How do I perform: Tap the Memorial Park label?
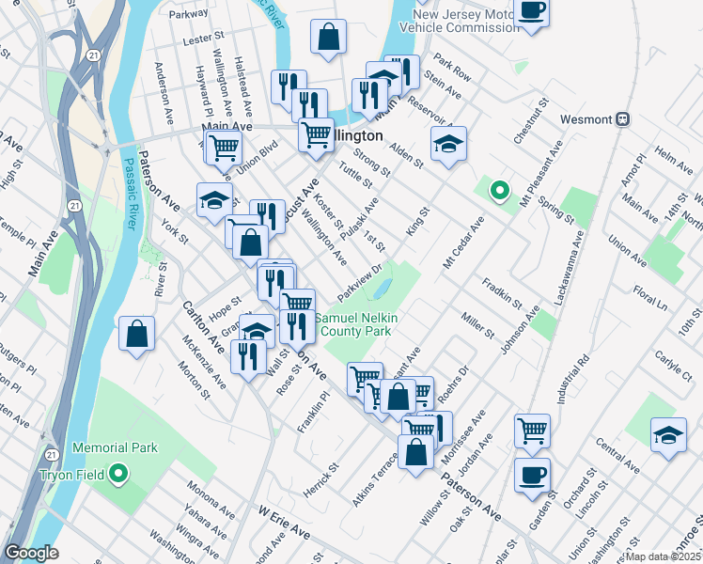pos(114,448)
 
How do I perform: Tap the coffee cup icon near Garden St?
pos(532,476)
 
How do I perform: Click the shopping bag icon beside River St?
pos(137,334)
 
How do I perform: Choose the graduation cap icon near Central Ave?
pos(668,435)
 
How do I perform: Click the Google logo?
pos(31,554)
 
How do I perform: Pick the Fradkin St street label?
pos(502,293)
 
